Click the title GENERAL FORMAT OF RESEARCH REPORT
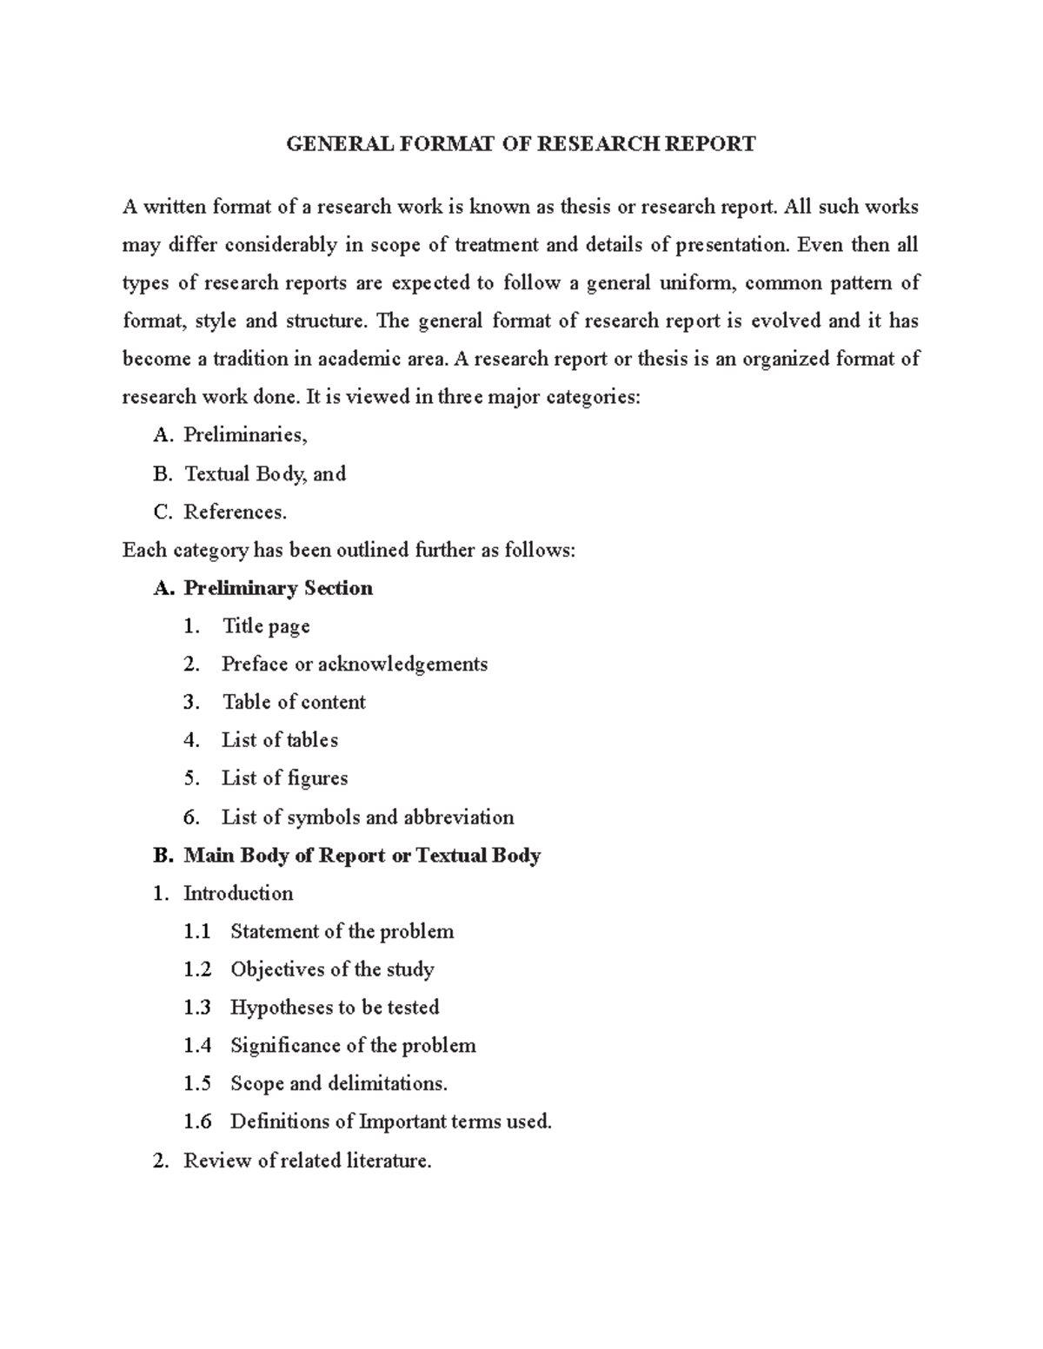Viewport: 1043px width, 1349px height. tap(521, 143)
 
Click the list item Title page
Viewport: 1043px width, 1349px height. tap(266, 626)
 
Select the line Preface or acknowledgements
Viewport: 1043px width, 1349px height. tap(355, 665)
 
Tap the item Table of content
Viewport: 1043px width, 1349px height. tap(294, 702)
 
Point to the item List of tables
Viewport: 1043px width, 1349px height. tap(280, 740)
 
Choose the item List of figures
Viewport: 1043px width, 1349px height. tap(285, 778)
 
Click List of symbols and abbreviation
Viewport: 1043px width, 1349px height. tap(368, 817)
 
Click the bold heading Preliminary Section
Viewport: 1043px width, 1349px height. tap(278, 588)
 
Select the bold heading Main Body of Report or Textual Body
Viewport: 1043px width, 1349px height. tap(362, 856)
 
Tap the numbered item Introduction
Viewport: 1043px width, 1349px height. tap(238, 894)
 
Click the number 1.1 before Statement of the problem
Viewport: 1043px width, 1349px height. tap(197, 932)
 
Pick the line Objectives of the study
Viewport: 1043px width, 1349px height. tap(332, 969)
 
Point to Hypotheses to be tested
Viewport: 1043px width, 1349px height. tap(335, 1008)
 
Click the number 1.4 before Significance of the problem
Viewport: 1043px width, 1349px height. tap(197, 1046)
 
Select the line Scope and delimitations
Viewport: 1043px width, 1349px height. tap(339, 1084)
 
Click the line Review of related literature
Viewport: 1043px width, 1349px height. tap(307, 1161)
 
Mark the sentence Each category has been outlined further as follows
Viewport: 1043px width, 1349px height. tap(349, 551)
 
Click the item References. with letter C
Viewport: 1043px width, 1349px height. tap(235, 512)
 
